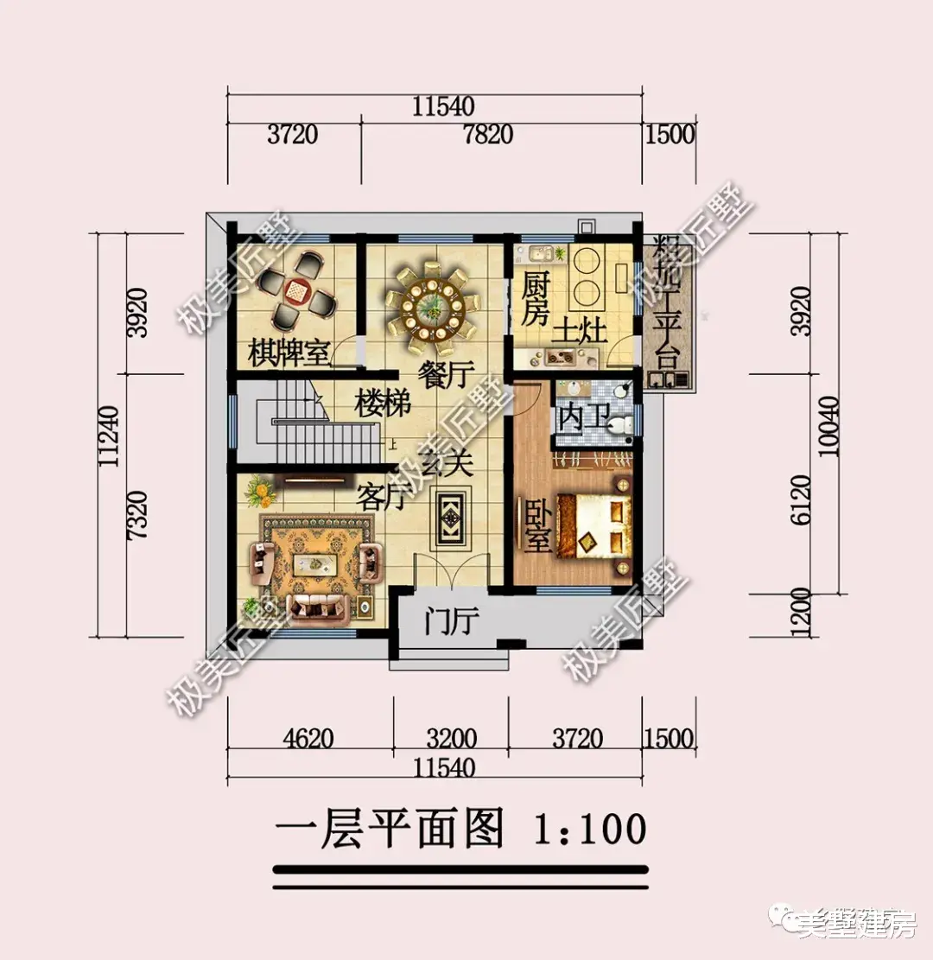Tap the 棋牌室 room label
(289, 353)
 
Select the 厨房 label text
(536, 298)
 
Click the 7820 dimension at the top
(487, 135)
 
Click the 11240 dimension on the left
(109, 435)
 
